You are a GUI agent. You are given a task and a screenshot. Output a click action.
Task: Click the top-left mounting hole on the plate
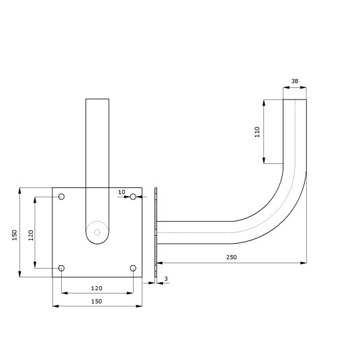pyautogui.click(x=61, y=197)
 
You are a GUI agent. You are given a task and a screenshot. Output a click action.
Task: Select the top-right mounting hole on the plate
pyautogui.click(x=133, y=197)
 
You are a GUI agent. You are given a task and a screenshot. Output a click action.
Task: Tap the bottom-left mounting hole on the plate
pyautogui.click(x=61, y=268)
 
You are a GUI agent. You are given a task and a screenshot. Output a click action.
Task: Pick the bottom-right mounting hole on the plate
pyautogui.click(x=133, y=268)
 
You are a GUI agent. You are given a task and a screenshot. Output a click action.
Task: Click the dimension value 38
pyautogui.click(x=295, y=81)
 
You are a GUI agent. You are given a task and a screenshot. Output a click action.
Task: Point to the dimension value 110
pyautogui.click(x=257, y=132)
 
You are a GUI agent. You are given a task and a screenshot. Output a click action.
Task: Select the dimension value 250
pyautogui.click(x=232, y=257)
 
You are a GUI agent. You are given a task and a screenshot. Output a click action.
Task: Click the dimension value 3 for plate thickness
pyautogui.click(x=166, y=279)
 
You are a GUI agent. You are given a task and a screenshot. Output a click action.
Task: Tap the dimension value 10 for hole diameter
pyautogui.click(x=122, y=192)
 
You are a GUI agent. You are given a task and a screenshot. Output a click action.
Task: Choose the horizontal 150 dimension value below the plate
pyautogui.click(x=97, y=301)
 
